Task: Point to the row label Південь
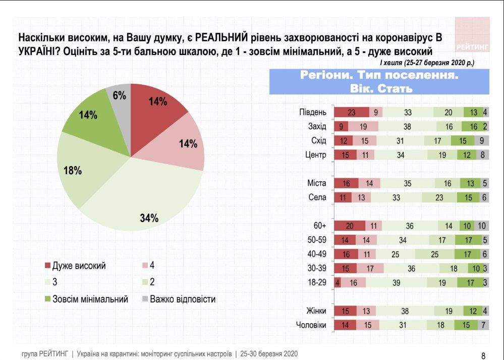pyautogui.click(x=314, y=112)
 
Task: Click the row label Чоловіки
pyautogui.click(x=310, y=326)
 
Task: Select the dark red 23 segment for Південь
pyautogui.click(x=352, y=112)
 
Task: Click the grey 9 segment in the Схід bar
pyautogui.click(x=482, y=140)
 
